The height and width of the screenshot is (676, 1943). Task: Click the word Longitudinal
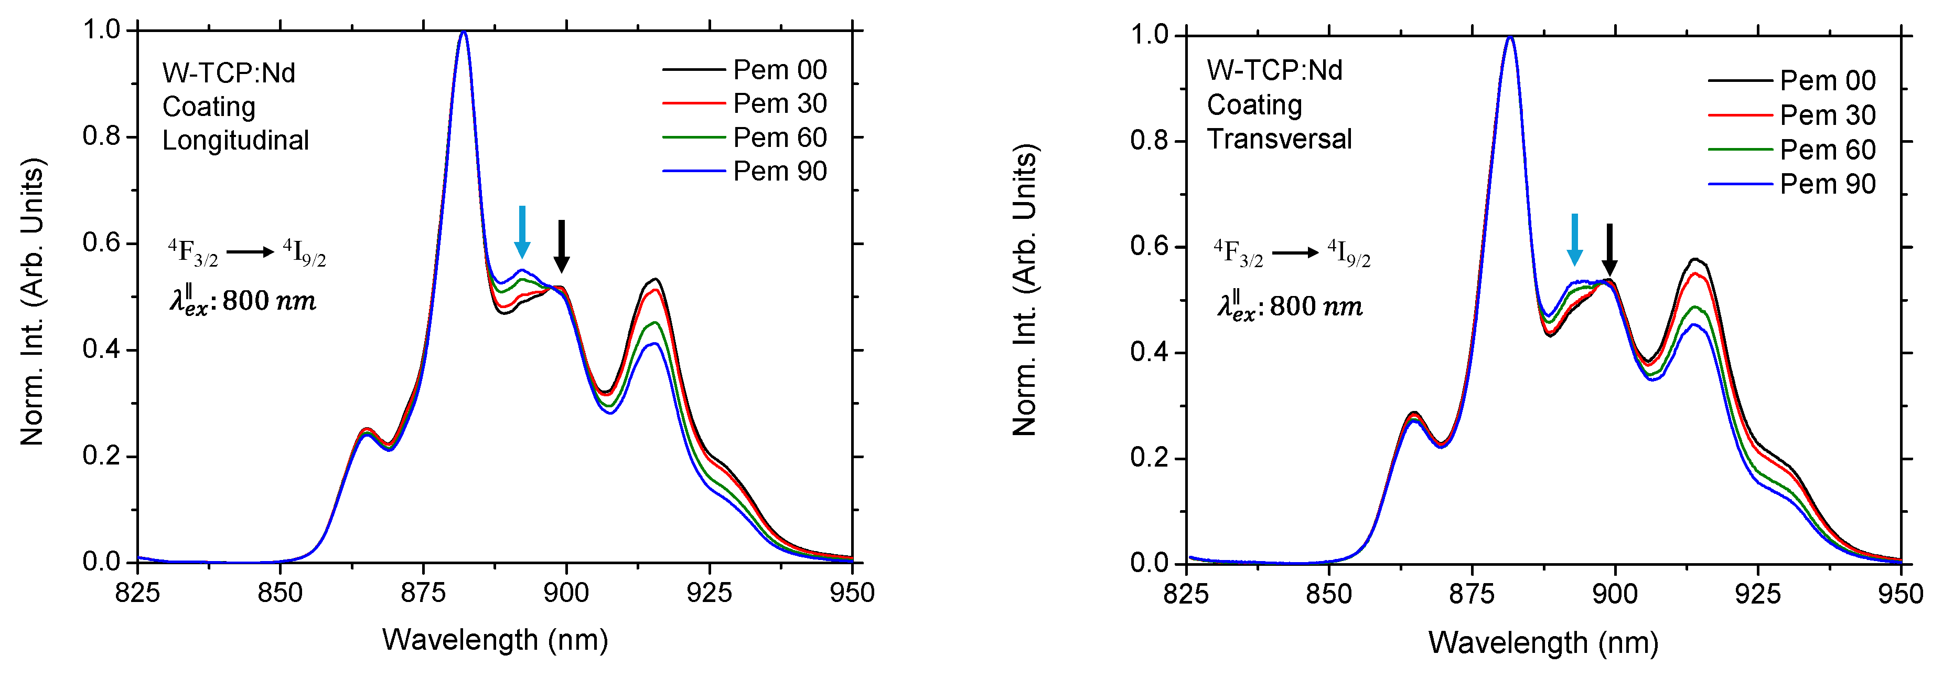click(x=235, y=140)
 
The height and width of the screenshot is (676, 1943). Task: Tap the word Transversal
click(x=1279, y=139)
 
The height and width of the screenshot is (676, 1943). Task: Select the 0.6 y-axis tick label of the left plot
click(x=102, y=243)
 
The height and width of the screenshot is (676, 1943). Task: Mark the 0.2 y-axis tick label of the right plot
click(x=1150, y=458)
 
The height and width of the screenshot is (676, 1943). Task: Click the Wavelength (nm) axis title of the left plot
click(x=495, y=640)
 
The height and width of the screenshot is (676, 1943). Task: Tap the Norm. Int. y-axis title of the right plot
click(x=1024, y=290)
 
